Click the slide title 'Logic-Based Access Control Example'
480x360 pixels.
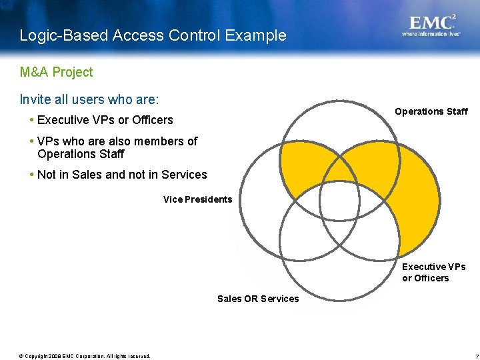coord(153,35)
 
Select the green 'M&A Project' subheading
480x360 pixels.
coord(56,72)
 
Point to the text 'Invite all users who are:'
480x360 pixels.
coord(89,100)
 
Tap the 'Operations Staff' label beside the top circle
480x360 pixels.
coord(431,111)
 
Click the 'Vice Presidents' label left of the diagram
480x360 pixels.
coord(197,199)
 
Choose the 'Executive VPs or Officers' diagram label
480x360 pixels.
coord(433,272)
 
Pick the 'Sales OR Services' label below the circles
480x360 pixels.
coord(258,299)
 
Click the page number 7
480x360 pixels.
coord(469,355)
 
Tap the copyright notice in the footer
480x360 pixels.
coord(85,355)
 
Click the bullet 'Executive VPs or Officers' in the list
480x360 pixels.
coord(105,120)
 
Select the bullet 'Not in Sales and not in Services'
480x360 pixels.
coord(122,175)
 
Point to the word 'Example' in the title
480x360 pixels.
coord(261,35)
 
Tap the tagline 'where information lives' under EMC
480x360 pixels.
coord(431,34)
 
